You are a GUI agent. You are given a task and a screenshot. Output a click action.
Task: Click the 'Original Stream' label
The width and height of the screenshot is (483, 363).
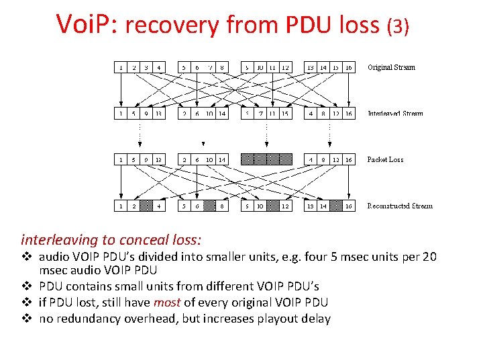[x=391, y=67]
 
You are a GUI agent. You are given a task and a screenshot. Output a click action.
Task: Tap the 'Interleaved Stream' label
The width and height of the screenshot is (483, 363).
[x=395, y=114]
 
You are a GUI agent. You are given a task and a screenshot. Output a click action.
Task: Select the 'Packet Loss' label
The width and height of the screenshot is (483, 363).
[x=385, y=160]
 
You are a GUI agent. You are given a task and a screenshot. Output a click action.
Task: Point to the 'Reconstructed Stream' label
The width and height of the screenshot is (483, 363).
[x=400, y=206]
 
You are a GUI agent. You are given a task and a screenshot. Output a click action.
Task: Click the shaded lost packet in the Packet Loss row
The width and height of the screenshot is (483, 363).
[x=266, y=159]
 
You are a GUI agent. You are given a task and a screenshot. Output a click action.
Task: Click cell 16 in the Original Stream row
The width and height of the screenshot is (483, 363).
[x=349, y=67]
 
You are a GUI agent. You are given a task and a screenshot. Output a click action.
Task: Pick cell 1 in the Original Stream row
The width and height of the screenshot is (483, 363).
[x=120, y=67]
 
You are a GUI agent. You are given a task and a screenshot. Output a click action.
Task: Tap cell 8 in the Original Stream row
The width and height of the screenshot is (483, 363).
[x=221, y=67]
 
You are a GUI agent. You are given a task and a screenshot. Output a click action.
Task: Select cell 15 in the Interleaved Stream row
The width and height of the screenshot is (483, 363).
[x=286, y=114]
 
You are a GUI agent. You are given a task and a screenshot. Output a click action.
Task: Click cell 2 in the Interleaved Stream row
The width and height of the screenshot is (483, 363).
[x=184, y=114]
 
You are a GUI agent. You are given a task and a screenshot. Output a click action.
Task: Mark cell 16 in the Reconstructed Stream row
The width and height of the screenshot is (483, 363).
[x=349, y=206]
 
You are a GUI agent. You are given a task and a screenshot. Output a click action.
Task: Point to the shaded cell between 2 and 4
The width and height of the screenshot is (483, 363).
[x=146, y=206]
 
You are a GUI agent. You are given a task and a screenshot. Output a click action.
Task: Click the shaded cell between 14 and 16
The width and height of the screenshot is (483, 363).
[x=336, y=206]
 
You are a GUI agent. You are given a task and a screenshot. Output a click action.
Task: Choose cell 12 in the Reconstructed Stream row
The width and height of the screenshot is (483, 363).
[x=286, y=206]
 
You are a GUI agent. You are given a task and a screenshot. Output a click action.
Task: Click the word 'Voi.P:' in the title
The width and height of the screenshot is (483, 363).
[x=87, y=25]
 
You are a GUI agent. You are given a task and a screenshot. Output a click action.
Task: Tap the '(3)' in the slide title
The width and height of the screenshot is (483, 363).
[x=398, y=26]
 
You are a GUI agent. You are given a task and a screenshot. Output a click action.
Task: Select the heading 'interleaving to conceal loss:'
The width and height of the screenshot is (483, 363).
[x=111, y=239]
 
